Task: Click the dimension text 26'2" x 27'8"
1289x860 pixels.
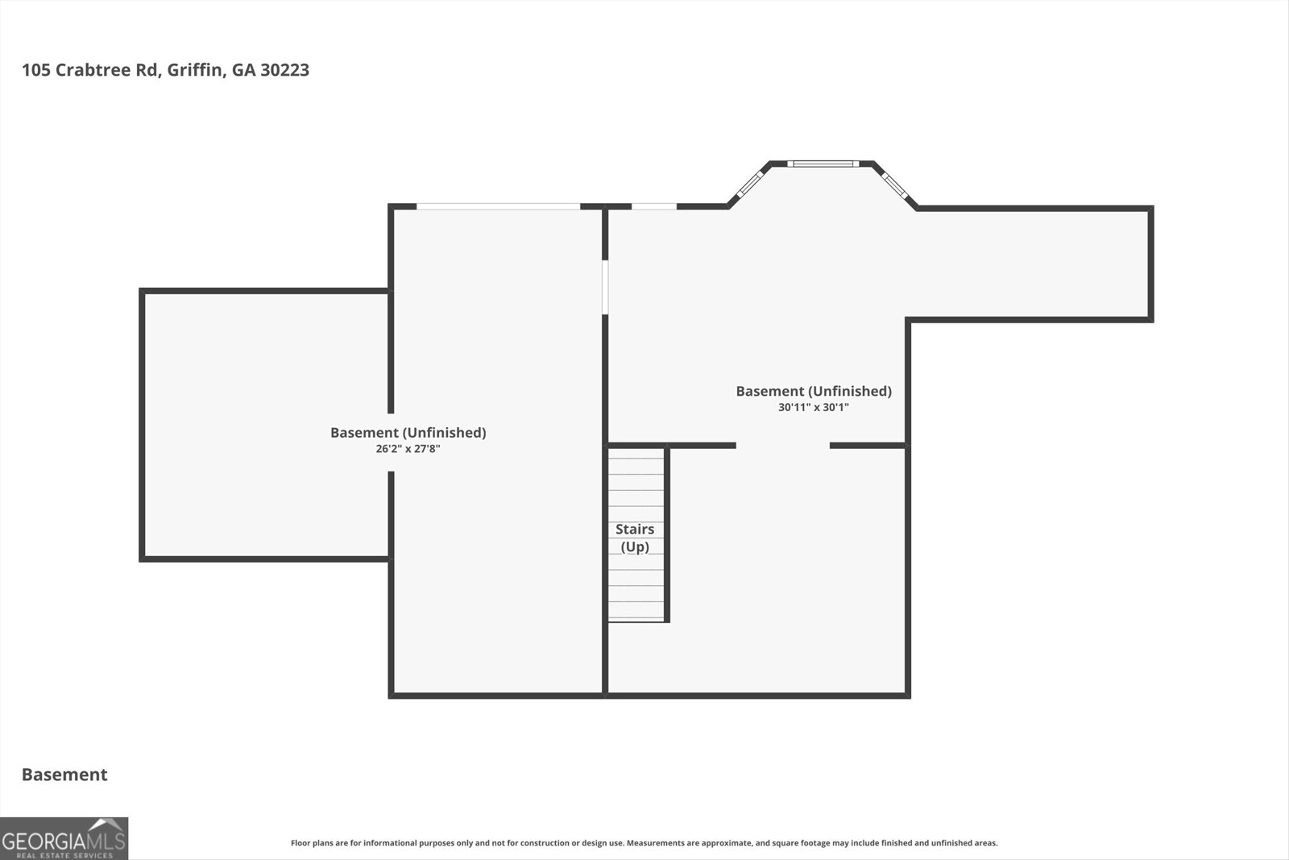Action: [408, 449]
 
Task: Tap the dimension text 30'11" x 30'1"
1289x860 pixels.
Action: [813, 408]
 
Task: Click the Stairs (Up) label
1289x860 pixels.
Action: [635, 538]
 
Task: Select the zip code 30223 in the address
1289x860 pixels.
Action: [284, 70]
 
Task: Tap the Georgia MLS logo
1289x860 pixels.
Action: [64, 838]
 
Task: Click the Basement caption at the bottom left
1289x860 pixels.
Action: [64, 775]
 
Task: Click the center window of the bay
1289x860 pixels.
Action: [823, 164]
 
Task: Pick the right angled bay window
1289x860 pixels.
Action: [893, 185]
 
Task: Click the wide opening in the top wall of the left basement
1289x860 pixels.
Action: [498, 207]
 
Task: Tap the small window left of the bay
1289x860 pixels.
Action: [653, 207]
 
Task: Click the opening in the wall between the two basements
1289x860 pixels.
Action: [604, 286]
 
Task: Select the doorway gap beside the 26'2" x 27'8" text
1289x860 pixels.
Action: [391, 442]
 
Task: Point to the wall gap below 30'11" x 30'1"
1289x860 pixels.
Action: [782, 445]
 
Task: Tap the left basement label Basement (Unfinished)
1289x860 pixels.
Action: [408, 433]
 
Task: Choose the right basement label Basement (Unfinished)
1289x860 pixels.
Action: [813, 391]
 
